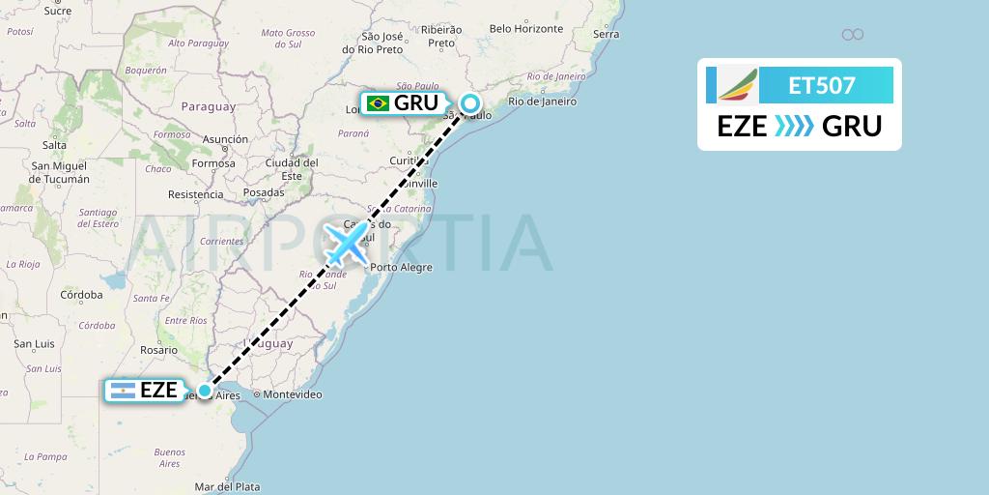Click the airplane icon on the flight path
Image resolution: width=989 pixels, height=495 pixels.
click(x=346, y=243)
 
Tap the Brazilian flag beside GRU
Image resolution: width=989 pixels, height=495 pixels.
click(x=378, y=103)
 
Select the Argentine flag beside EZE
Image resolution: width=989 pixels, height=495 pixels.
click(x=123, y=391)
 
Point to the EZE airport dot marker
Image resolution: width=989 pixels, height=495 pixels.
click(x=205, y=391)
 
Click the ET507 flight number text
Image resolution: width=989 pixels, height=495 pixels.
click(x=822, y=85)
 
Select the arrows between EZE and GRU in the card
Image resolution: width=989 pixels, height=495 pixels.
click(x=795, y=127)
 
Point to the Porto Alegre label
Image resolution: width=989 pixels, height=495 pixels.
click(x=401, y=267)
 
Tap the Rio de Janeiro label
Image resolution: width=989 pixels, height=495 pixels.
click(x=542, y=101)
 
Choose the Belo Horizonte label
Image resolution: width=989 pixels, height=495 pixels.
click(x=525, y=29)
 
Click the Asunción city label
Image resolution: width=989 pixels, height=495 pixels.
click(x=225, y=139)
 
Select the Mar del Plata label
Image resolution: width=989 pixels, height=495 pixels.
click(x=227, y=486)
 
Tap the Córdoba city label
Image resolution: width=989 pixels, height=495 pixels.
click(x=81, y=295)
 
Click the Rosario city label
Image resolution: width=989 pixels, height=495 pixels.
click(x=158, y=350)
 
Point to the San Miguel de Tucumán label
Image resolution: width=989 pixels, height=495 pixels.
click(x=60, y=172)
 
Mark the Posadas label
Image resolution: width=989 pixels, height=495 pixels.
click(x=264, y=192)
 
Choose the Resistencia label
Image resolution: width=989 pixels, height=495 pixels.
click(x=195, y=194)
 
